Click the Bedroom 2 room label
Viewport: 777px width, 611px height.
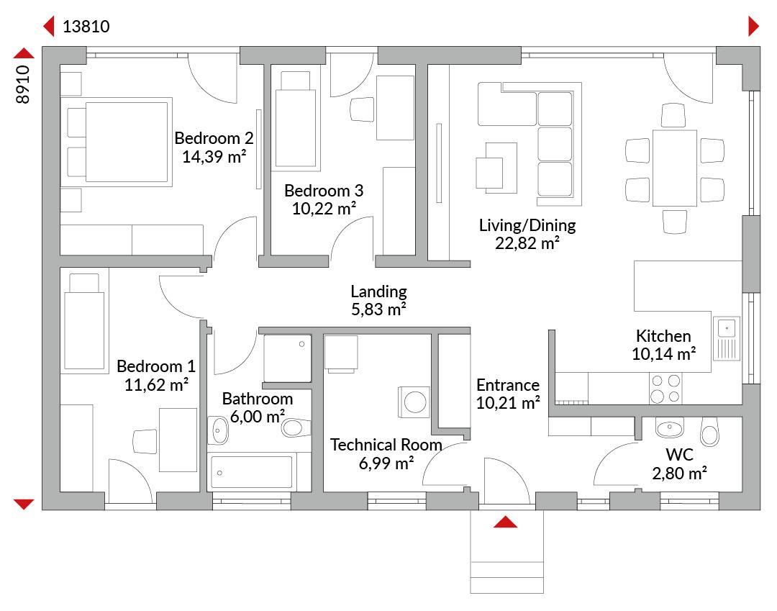(214, 137)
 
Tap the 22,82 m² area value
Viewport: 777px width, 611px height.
(527, 243)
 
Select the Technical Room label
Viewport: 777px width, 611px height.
(386, 445)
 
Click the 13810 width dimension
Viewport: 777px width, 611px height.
(86, 26)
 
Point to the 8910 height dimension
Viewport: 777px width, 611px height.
(23, 84)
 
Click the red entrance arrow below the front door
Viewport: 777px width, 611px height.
(506, 521)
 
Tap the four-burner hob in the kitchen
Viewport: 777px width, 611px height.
(665, 389)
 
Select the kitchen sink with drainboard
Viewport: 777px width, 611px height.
(727, 338)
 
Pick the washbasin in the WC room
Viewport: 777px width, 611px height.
(670, 427)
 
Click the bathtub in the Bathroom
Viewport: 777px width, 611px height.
(251, 472)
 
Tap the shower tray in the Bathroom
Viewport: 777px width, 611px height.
(287, 358)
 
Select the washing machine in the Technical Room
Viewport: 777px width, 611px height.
(414, 402)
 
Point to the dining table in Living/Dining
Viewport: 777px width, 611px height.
(674, 168)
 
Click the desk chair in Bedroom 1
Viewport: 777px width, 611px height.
(145, 441)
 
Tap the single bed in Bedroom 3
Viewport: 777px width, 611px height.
(296, 119)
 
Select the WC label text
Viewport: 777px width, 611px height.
(679, 454)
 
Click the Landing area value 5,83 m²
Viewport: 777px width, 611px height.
(378, 309)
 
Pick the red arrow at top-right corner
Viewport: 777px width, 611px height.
(753, 26)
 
